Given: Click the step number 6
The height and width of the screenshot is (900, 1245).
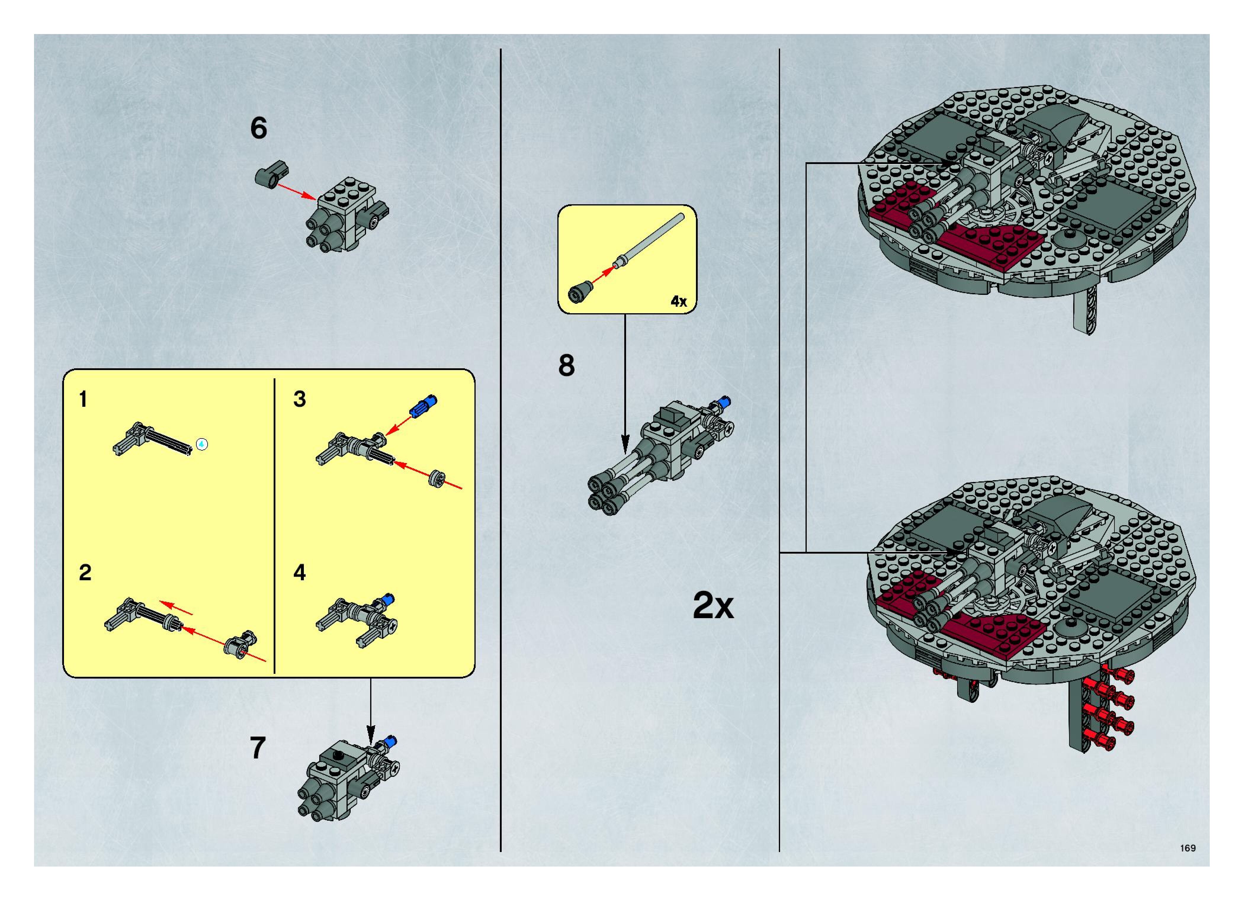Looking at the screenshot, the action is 259,129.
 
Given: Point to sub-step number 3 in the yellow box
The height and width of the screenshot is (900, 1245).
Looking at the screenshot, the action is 299,399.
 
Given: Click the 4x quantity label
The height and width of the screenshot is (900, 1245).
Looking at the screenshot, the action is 678,301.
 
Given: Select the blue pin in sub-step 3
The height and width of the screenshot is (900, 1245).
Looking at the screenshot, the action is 423,405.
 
